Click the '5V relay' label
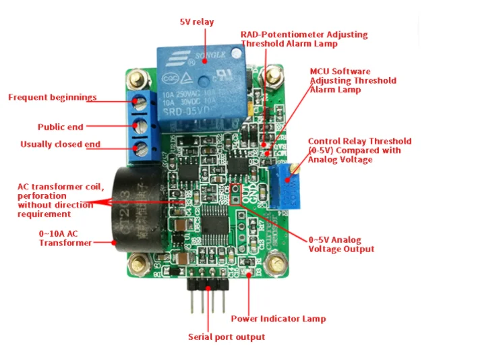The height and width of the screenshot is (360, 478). pos(196,22)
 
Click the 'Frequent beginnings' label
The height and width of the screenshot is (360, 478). pos(52,97)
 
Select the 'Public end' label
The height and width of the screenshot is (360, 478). pos(60,126)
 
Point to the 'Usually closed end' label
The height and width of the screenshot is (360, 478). pos(60,144)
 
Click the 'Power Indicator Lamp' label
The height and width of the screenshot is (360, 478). pos(278,319)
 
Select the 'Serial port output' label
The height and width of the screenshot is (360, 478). pos(226,336)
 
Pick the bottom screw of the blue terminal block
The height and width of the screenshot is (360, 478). pos(141,147)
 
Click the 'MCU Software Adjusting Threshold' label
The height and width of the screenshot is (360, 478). pos(353,80)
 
